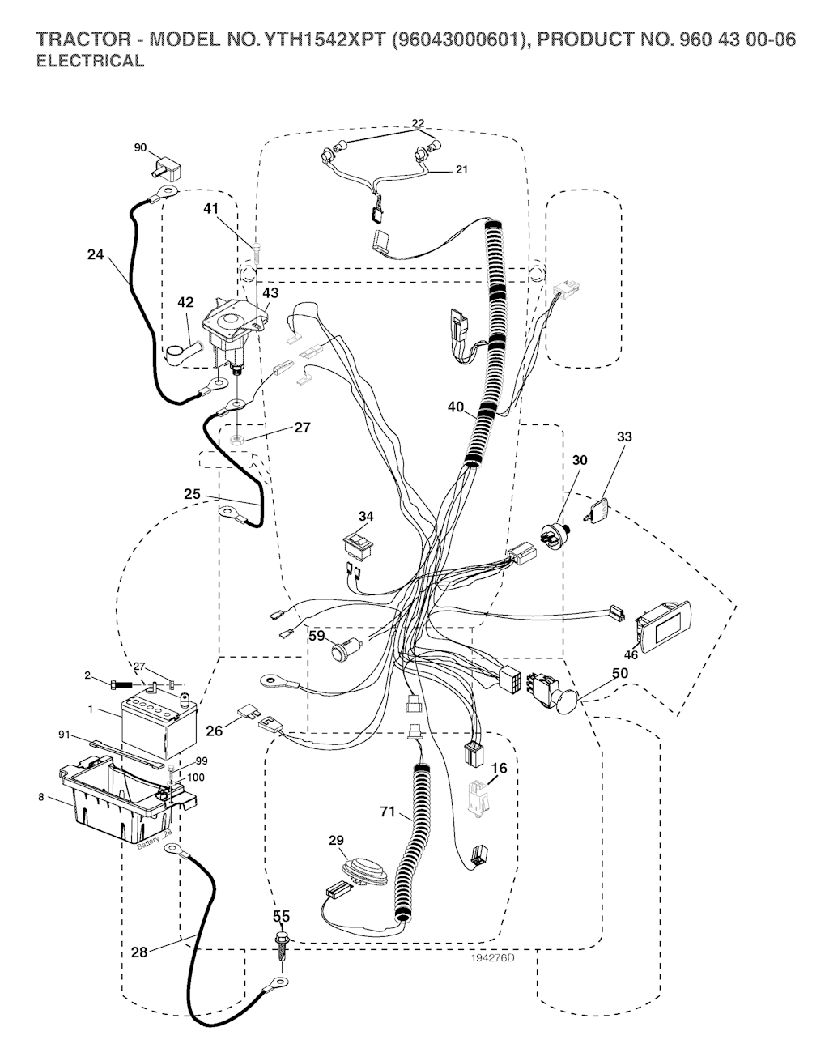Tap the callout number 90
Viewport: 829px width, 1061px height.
point(141,147)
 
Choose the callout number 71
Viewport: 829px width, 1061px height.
point(389,811)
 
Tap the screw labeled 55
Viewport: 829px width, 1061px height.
point(282,944)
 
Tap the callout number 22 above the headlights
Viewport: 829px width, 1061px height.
point(418,124)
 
